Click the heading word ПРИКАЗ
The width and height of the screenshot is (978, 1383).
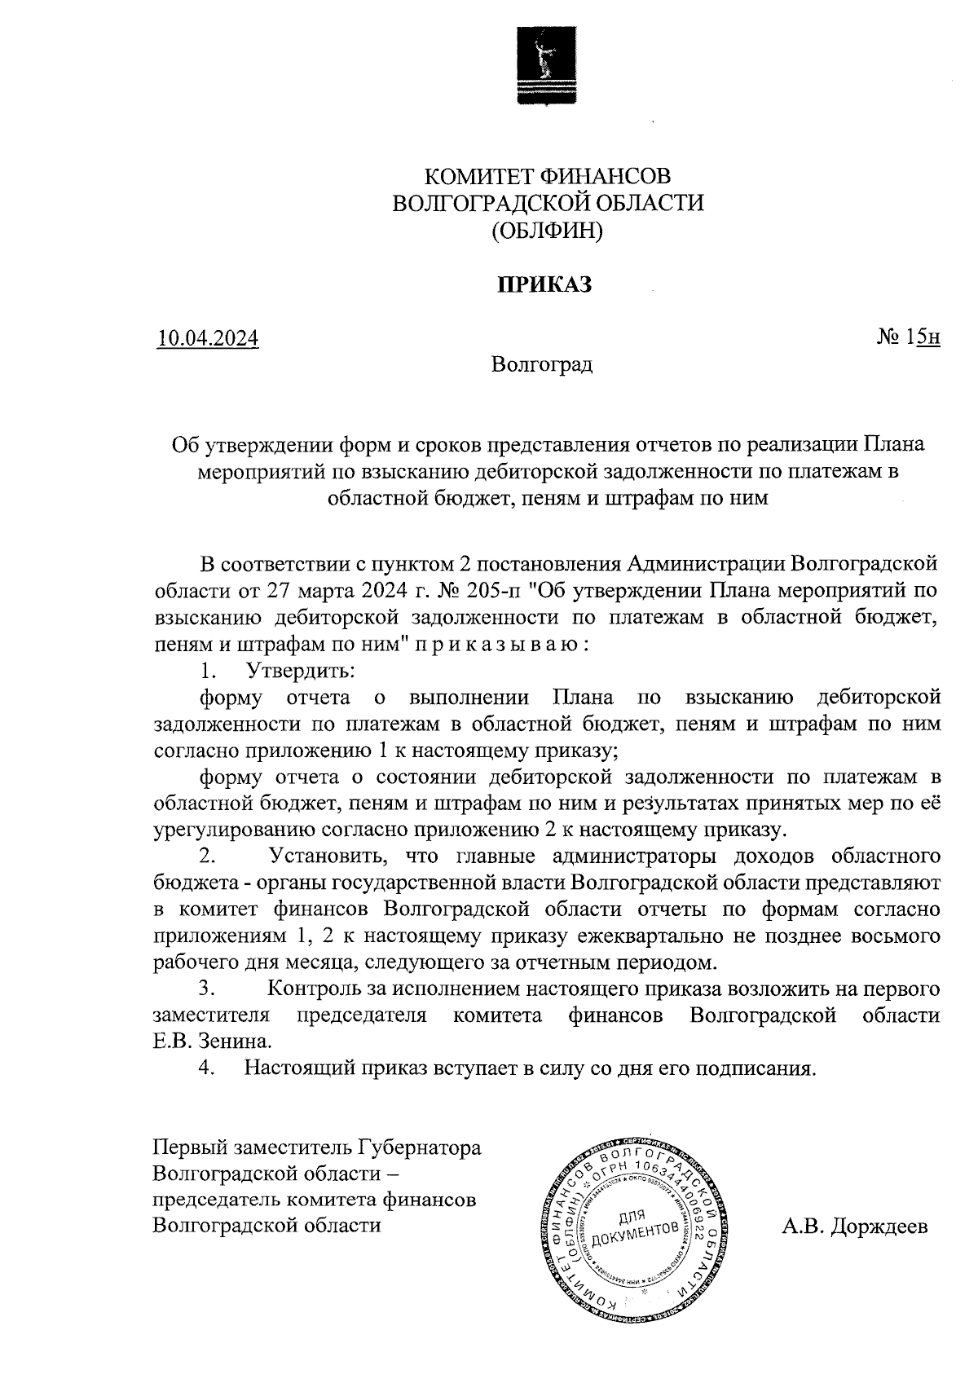[x=544, y=284]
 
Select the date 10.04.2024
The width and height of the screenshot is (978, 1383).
[x=209, y=337]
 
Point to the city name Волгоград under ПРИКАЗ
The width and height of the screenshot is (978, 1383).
[x=542, y=364]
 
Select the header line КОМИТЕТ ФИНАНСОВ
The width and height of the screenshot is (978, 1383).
[x=548, y=176]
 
